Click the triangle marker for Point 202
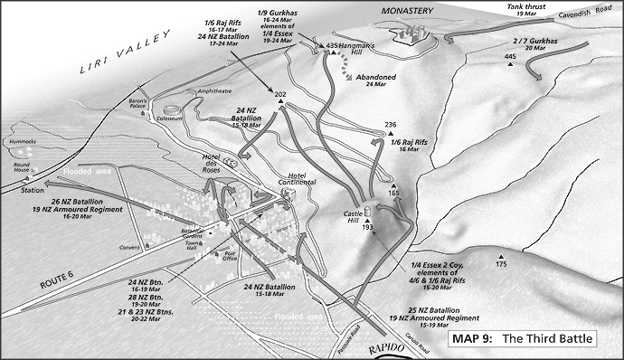[x=281, y=103]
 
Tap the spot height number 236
[x=390, y=124]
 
